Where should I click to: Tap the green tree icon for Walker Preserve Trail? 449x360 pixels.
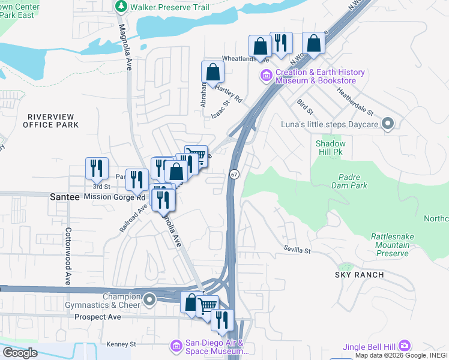[x=122, y=7]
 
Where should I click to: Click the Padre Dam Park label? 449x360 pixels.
[x=349, y=181]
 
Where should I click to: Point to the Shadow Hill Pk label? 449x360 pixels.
[x=331, y=148]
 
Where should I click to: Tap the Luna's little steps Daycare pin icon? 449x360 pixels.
[x=388, y=125]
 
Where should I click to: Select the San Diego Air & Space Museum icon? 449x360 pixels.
[x=176, y=346]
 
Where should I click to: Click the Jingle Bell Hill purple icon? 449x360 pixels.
[x=405, y=346]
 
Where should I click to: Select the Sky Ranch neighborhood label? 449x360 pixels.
[x=360, y=275]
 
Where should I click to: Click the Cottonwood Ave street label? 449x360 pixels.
[x=68, y=256]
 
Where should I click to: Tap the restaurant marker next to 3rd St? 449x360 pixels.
[x=97, y=169]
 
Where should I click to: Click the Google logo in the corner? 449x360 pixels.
[x=20, y=353]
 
